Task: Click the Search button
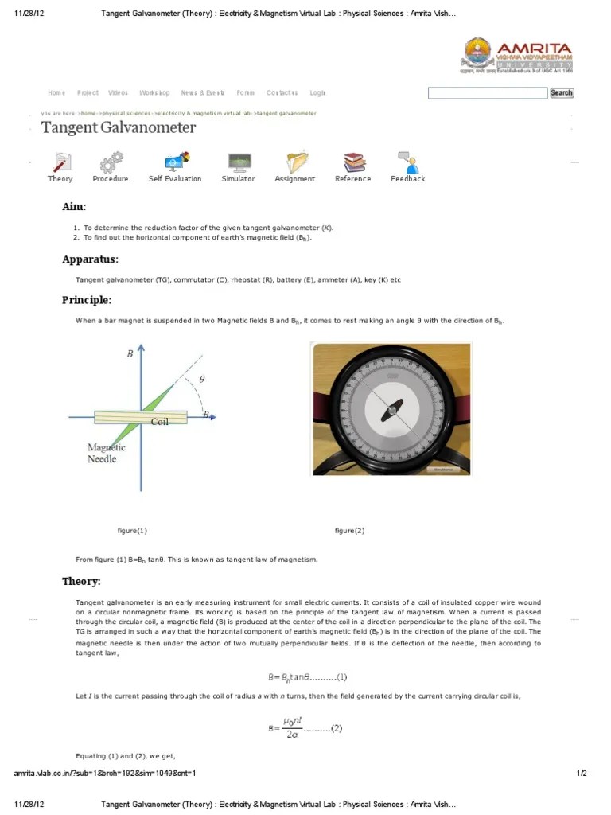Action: pos(561,93)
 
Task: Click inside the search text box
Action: pos(488,93)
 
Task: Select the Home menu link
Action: pos(56,93)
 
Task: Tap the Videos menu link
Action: pos(118,93)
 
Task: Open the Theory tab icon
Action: pos(60,162)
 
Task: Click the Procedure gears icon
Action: pos(110,162)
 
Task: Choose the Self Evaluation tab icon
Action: pos(175,162)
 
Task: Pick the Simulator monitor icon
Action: pos(238,162)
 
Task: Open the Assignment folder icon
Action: pos(296,162)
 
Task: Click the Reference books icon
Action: pos(352,162)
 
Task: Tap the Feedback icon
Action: pos(408,162)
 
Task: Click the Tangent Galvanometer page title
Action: pos(119,128)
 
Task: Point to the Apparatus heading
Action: pos(90,259)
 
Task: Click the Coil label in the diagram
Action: pos(160,421)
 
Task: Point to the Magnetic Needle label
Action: pos(106,453)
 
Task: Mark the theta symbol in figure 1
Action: pos(201,380)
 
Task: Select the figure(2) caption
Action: pos(349,531)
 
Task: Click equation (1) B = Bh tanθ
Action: pos(306,677)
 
